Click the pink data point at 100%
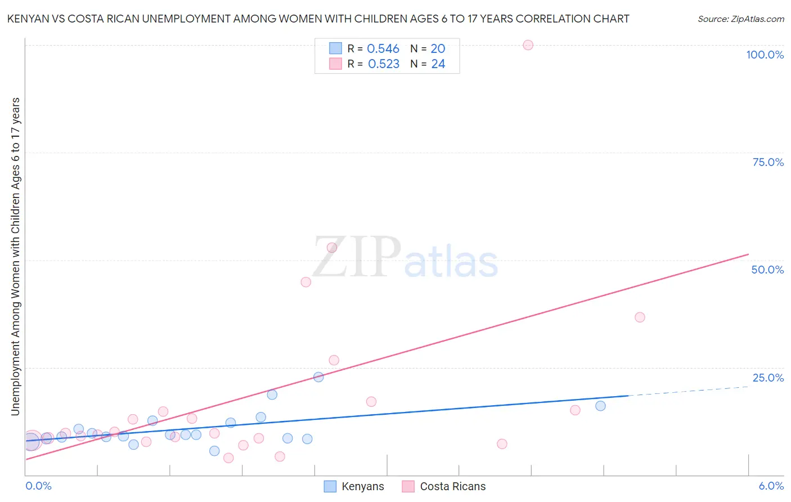coord(528,45)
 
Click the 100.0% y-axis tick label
coord(765,55)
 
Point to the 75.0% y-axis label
coord(768,162)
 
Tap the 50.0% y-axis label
coord(767,270)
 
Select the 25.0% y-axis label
coord(768,378)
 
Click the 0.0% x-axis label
coord(38,486)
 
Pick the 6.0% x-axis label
coord(771,486)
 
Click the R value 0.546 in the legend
coord(383,49)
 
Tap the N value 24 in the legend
coord(438,64)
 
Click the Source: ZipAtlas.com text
coord(740,19)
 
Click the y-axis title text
coord(15,257)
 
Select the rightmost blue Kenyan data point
coord(600,406)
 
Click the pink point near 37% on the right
coord(640,317)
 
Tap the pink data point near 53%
coord(332,248)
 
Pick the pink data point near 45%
coord(306,282)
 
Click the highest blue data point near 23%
coord(318,377)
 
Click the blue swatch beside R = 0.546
coord(335,48)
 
